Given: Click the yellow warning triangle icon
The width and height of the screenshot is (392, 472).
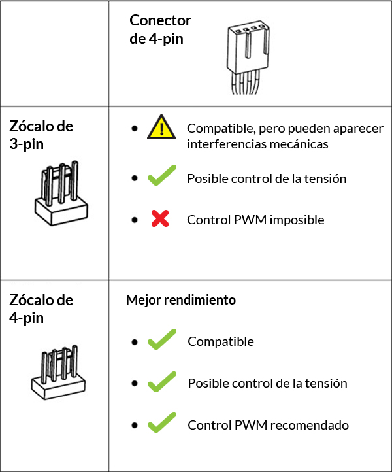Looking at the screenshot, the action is point(161,127).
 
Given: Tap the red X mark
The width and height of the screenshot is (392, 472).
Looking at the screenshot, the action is point(160,218).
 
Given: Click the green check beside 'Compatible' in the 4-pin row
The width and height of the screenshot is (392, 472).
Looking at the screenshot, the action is point(162,339).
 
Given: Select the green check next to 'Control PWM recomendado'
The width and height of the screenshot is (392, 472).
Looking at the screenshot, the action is point(162,422).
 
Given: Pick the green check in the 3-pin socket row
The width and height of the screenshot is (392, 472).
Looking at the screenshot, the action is point(162,175).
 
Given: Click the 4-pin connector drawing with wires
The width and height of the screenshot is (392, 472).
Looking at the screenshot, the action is point(248,57).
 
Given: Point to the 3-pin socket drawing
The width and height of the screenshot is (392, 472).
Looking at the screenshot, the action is point(61,193).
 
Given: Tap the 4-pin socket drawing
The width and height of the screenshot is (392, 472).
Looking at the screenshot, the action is point(58,373).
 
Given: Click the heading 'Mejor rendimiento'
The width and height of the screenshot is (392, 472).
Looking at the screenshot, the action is point(181,300).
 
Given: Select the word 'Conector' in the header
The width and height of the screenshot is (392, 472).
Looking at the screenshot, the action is point(160,20).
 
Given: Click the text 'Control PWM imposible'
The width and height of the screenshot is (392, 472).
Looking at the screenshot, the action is point(255,220).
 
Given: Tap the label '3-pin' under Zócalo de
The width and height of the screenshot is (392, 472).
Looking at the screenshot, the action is point(27,144).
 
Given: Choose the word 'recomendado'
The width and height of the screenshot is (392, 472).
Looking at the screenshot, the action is point(310,425).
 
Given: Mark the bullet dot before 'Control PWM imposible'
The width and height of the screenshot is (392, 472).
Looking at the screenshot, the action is point(135,220).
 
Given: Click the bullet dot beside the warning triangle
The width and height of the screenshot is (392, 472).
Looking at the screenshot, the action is point(135,129).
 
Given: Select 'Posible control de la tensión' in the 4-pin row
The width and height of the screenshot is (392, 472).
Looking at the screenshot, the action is point(267,383).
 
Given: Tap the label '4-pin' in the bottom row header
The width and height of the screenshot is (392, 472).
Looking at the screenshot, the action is point(27,318).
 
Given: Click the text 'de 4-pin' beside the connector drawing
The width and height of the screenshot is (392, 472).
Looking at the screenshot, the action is point(156,39).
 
